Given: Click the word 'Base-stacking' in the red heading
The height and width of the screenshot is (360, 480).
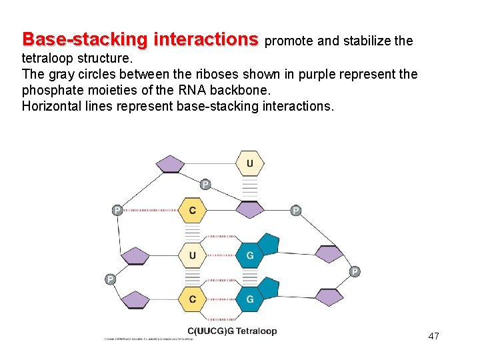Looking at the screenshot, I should click(x=86, y=39).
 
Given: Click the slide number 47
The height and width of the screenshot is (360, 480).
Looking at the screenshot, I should click(x=433, y=336).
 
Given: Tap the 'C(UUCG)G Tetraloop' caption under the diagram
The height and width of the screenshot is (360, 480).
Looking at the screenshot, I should click(x=232, y=331).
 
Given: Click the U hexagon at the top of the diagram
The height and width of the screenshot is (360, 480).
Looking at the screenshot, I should click(x=250, y=163).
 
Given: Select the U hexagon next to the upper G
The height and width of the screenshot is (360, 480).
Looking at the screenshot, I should click(x=193, y=255).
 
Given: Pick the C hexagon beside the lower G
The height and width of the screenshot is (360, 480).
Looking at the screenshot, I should click(x=193, y=299).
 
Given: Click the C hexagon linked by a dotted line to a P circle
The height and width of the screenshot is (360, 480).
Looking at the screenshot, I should click(x=193, y=211).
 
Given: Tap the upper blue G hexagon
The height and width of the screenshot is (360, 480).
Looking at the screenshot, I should click(x=250, y=255).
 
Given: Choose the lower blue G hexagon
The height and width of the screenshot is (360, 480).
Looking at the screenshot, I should click(x=250, y=299).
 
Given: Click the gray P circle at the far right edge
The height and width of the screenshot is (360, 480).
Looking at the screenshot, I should click(x=355, y=271).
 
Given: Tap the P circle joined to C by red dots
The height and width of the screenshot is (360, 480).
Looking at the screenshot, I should click(x=117, y=211).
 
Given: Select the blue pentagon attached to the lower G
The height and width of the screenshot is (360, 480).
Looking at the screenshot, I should click(x=268, y=287).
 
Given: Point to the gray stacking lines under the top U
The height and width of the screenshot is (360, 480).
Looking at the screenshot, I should click(x=250, y=187).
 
